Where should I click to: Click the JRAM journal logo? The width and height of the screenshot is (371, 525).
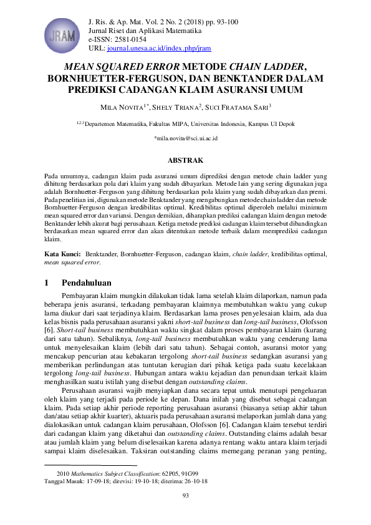[65, 33]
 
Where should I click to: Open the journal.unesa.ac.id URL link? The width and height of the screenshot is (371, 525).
[158, 47]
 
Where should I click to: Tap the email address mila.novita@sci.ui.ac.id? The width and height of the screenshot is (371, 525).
[185, 138]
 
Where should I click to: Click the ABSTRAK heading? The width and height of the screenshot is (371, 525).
[185, 160]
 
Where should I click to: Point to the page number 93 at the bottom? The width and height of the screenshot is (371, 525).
[185, 496]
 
